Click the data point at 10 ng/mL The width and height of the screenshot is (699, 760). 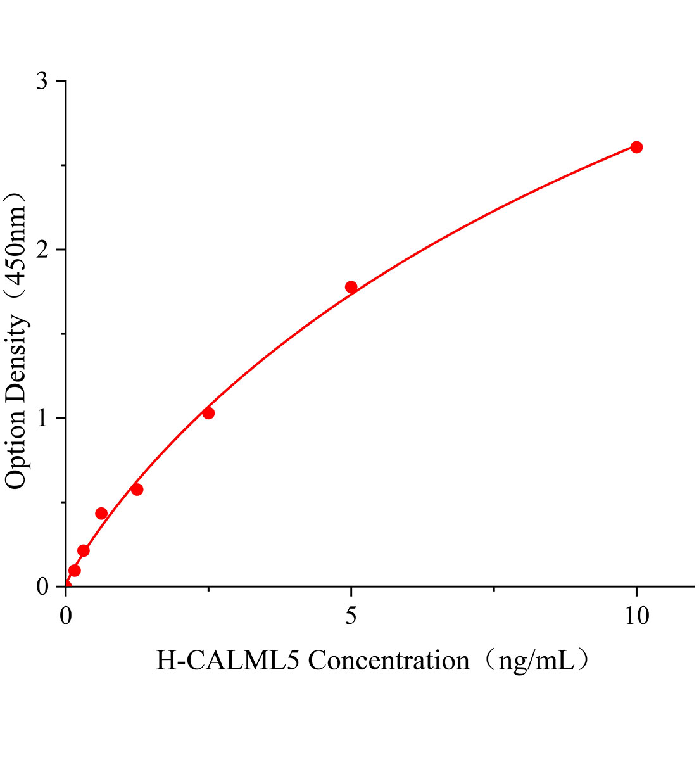click(636, 147)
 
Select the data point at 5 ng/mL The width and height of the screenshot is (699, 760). click(351, 287)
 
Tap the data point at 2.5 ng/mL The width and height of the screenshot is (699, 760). click(208, 413)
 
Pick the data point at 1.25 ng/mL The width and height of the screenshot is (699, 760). click(137, 490)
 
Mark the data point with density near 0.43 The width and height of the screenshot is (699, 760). click(101, 513)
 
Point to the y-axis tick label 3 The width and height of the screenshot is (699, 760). click(42, 82)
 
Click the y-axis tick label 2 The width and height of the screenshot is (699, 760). click(42, 250)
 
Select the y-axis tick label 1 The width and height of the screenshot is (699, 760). click(42, 419)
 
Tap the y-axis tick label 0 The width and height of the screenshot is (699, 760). click(42, 587)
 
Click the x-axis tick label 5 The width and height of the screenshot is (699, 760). click(351, 616)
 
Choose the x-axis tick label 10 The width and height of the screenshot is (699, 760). click(636, 616)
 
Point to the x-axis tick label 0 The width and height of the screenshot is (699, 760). click(66, 616)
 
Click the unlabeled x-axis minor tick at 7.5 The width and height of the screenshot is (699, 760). click(494, 590)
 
